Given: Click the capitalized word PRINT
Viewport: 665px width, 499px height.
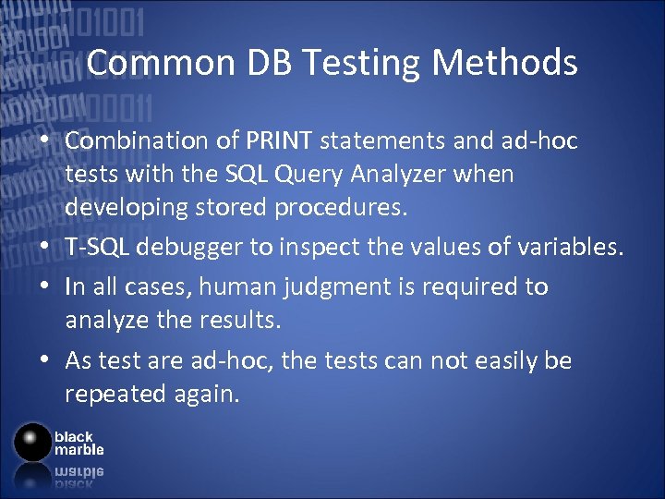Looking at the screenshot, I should [x=281, y=141].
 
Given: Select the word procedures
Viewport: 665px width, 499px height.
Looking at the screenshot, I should [x=340, y=208].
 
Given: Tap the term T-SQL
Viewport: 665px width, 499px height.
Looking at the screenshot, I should [x=95, y=248].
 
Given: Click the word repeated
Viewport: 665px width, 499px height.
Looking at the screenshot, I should [x=115, y=395].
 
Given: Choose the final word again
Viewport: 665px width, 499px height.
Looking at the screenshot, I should [x=207, y=395].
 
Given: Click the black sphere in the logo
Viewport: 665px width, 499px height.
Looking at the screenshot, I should [x=33, y=443].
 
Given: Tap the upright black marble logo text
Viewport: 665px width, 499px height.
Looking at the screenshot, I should [x=79, y=443].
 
